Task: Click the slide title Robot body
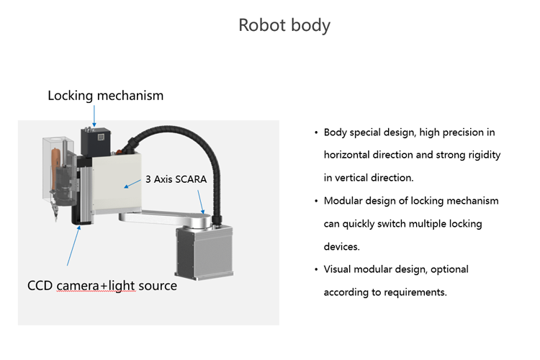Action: pyautogui.click(x=284, y=25)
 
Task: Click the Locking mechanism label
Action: pyautogui.click(x=105, y=95)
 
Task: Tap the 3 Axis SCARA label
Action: pyautogui.click(x=176, y=179)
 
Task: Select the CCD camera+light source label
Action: pyautogui.click(x=102, y=285)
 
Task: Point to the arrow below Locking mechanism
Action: pyautogui.click(x=93, y=115)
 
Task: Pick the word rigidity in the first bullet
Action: pyautogui.click(x=482, y=155)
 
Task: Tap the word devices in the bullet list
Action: pyautogui.click(x=341, y=246)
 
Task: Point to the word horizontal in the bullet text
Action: pyautogui.click(x=347, y=155)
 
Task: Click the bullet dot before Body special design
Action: pyautogui.click(x=316, y=133)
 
